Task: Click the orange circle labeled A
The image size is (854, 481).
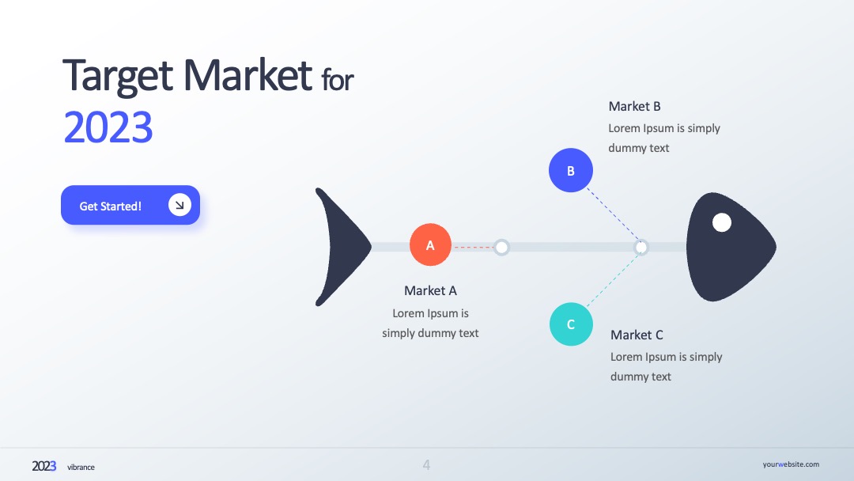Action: pos(430,244)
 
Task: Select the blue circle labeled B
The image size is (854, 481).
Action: pos(571,170)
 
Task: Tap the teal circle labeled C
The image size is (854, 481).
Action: pos(571,324)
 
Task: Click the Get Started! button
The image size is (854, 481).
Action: pos(130,205)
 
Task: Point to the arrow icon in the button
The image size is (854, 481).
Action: pos(179,205)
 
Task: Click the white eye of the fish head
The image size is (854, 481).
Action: pos(722,222)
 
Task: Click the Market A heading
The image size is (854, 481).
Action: pos(430,291)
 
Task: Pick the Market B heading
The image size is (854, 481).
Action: pos(634,106)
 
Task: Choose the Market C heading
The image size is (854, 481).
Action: pos(637,335)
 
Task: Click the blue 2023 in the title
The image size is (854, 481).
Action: pos(108,127)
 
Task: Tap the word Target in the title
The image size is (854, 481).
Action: pos(118,75)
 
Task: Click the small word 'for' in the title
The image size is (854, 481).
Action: pos(337,80)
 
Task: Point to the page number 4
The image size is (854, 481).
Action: pos(426,464)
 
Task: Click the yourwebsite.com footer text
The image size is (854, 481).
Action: pos(791,464)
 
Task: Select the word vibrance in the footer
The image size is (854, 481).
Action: pos(81,467)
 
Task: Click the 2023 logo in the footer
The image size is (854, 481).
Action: pos(44,466)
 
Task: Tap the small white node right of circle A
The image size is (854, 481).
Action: pos(501,248)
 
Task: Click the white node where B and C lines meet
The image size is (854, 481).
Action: pos(641,248)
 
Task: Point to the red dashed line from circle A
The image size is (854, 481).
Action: pos(473,248)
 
